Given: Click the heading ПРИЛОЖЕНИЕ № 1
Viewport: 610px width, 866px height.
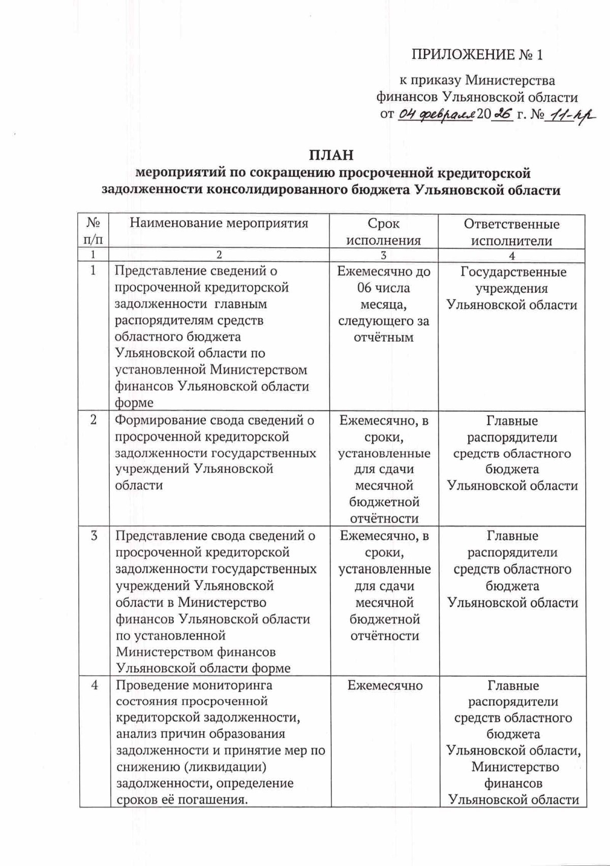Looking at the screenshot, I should pos(477,54).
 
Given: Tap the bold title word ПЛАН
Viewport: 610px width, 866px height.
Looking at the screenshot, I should pos(331,155).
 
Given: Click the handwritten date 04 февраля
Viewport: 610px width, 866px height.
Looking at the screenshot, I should pos(437,114).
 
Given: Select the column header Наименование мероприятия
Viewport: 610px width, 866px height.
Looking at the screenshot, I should pos(219,223).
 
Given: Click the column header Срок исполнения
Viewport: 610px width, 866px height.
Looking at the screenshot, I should pos(383,231).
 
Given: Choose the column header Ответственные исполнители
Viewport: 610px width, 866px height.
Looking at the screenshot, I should pos(511,232).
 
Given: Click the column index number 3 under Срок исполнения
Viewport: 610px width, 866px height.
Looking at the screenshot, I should pos(383,256).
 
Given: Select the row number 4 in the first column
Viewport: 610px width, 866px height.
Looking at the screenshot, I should pos(95,684).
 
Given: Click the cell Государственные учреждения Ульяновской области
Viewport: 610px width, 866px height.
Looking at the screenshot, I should pos(512,288).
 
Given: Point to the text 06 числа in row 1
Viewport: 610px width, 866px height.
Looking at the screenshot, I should pos(383,288).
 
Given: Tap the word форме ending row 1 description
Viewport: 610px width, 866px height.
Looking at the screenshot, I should pos(134,403).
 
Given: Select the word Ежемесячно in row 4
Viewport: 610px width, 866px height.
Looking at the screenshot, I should pos(385,685).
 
